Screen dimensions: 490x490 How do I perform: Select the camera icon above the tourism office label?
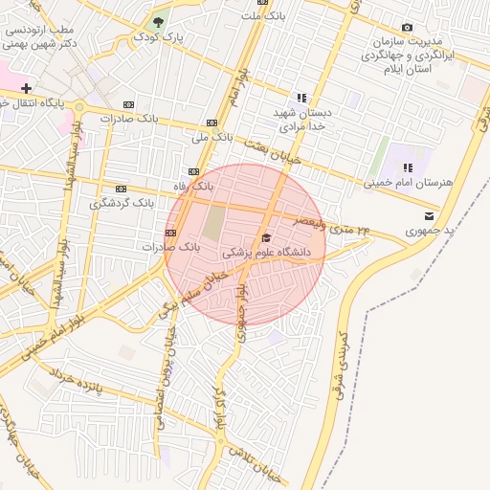(x=408, y=28)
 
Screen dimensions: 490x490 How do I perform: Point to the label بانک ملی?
(x=212, y=138)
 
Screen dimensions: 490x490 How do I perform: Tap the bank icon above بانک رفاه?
(x=194, y=172)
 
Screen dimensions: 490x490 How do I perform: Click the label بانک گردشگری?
(x=122, y=203)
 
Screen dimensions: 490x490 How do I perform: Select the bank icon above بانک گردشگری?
(x=121, y=189)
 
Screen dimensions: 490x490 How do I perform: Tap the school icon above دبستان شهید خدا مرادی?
(x=302, y=98)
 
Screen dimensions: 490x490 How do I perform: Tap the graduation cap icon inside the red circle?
(x=265, y=238)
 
